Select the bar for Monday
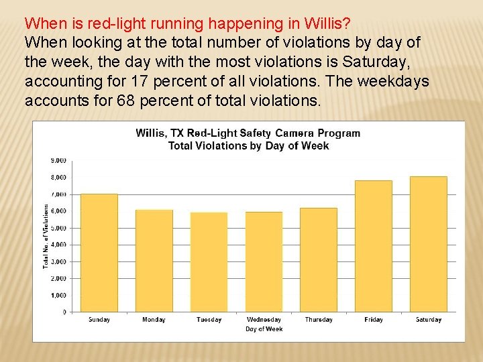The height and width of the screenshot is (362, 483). [x=154, y=261]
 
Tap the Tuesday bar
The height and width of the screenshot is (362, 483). [x=209, y=262]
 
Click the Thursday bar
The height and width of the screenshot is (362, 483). [x=319, y=259]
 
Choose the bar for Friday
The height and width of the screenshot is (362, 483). [x=374, y=246]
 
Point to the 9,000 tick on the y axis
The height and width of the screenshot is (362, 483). [x=58, y=161]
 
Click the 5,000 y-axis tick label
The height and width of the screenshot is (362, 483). [x=58, y=228]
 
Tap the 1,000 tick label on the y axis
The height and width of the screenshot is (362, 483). [x=58, y=295]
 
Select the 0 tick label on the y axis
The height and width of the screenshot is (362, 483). [x=64, y=312]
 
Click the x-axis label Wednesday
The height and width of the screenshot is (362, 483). [x=264, y=320]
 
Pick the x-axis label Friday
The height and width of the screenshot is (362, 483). [x=374, y=320]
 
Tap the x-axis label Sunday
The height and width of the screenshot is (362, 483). [x=99, y=320]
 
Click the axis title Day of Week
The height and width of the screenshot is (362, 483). [x=264, y=328]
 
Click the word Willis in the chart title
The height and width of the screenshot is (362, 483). [x=152, y=133]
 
